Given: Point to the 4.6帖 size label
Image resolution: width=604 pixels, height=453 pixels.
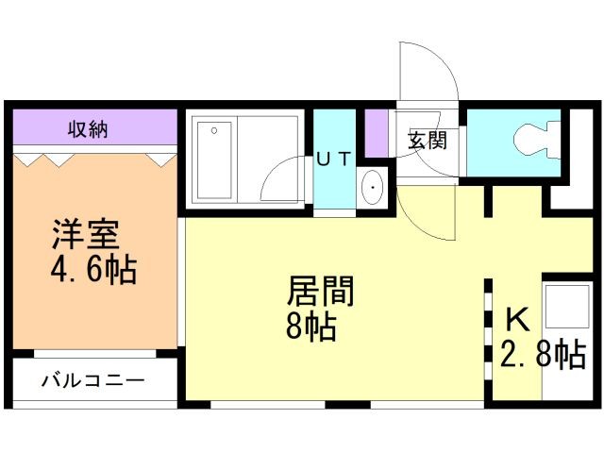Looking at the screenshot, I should click(92, 271).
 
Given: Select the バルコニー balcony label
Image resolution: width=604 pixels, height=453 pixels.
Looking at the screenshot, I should click(92, 381).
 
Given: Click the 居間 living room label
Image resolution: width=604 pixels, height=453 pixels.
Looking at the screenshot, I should click(321, 292).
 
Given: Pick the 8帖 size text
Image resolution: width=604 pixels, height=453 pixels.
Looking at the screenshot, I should click(311, 327).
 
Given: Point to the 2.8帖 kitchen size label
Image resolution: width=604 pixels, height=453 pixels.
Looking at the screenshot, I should click(545, 355).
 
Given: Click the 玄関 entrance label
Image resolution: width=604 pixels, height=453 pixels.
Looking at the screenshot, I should click(427, 141).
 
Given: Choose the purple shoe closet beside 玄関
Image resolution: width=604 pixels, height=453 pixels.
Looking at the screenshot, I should click(377, 133).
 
